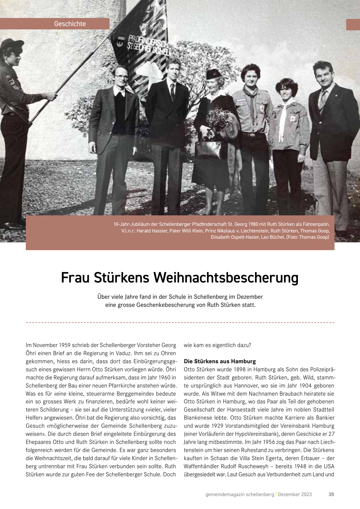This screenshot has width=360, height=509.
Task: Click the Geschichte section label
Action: tap(70, 24)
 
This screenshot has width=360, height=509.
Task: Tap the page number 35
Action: tap(331, 494)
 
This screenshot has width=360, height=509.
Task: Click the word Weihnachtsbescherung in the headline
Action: tap(226, 277)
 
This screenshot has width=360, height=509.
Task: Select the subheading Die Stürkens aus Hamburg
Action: tap(220, 361)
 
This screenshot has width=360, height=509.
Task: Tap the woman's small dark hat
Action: tap(213, 74)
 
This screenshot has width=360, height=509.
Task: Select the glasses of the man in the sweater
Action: tap(121, 77)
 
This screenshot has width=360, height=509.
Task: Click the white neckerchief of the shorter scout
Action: tap(283, 120)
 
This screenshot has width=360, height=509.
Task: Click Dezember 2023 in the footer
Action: tap(295, 494)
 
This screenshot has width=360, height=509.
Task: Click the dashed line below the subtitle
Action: tap(180, 322)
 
